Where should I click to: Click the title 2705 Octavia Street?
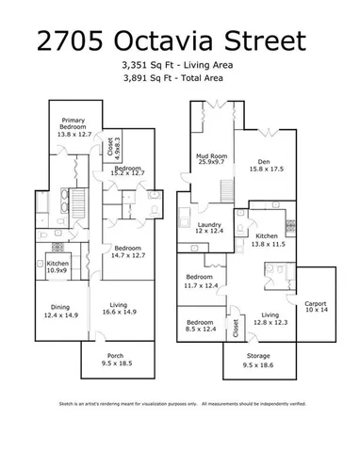click(171, 42)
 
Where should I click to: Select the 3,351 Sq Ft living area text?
click(176, 65)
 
